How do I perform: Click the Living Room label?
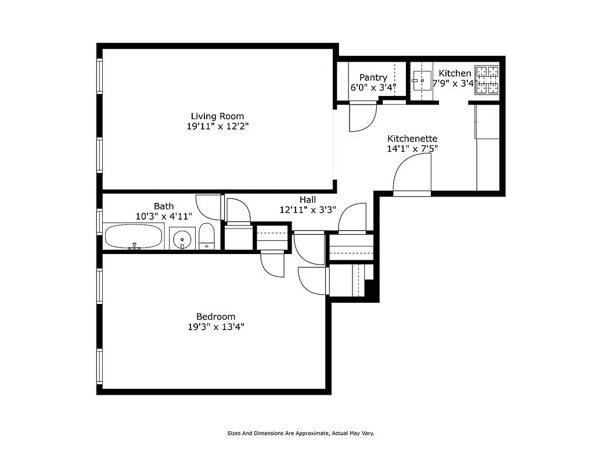(217, 116)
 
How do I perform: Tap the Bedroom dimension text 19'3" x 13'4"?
(215, 327)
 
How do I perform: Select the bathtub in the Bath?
(134, 237)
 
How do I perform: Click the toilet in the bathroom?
(207, 237)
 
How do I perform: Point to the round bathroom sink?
(183, 238)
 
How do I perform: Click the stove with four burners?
(487, 80)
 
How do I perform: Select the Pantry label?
(373, 77)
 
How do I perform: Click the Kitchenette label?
(412, 138)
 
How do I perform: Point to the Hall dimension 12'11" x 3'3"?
(307, 210)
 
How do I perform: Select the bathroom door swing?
(208, 207)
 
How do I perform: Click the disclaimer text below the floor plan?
(300, 433)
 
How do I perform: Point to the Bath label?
(163, 206)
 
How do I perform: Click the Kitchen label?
(455, 73)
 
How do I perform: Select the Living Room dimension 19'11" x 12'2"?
(217, 126)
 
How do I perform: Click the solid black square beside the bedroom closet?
(371, 289)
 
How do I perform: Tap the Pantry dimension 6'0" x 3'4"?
(373, 88)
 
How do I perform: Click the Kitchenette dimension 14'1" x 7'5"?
(412, 148)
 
